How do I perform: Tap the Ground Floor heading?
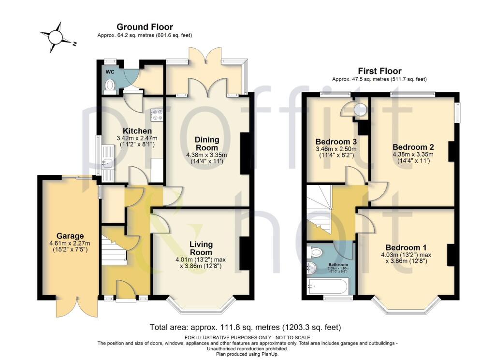[x=145, y=27]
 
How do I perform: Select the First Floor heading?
[x=379, y=71]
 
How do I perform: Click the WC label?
[x=110, y=72]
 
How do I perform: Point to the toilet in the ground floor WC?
[x=110, y=86]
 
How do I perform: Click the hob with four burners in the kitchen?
[x=157, y=115]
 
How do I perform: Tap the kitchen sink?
[x=107, y=163]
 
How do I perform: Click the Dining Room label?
[x=207, y=144]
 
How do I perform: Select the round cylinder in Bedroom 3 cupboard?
[x=360, y=110]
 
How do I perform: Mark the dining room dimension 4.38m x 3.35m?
[x=207, y=155]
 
